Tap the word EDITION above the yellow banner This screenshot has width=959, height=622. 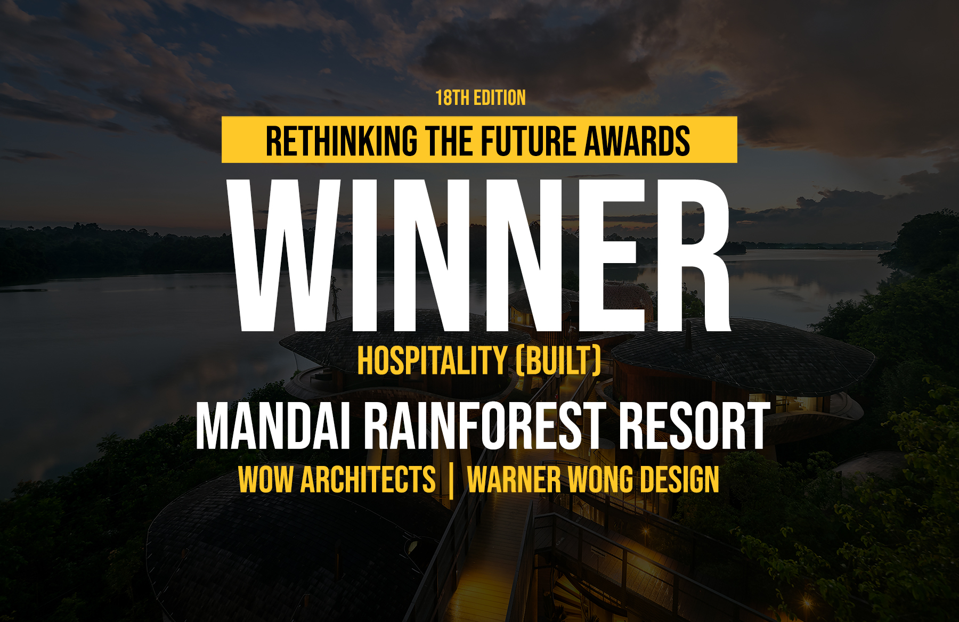pyautogui.click(x=500, y=98)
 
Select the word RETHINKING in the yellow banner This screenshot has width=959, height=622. pyautogui.click(x=342, y=141)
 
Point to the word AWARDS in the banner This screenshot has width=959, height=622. pyautogui.click(x=638, y=141)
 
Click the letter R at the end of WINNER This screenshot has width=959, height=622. pyautogui.click(x=690, y=255)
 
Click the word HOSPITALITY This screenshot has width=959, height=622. pyautogui.click(x=432, y=361)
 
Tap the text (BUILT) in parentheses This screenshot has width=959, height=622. pyautogui.click(x=558, y=361)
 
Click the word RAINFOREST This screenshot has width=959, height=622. pyautogui.click(x=485, y=426)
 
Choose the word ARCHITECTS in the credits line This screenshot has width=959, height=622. pyautogui.click(x=368, y=479)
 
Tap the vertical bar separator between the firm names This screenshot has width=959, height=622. pyautogui.click(x=451, y=480)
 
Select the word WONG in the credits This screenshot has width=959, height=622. pyautogui.click(x=600, y=479)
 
